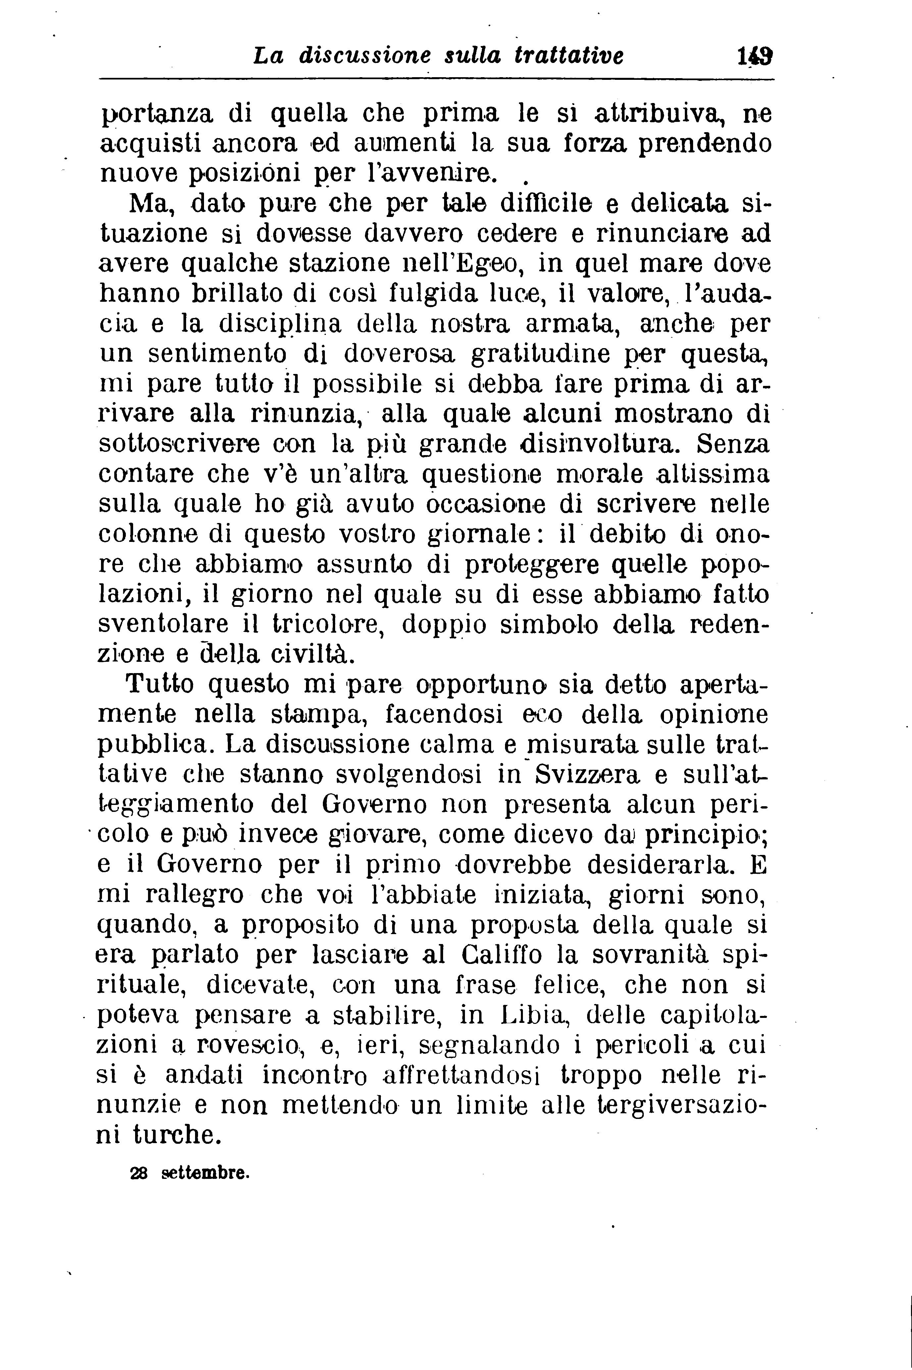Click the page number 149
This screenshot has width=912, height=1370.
754,56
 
